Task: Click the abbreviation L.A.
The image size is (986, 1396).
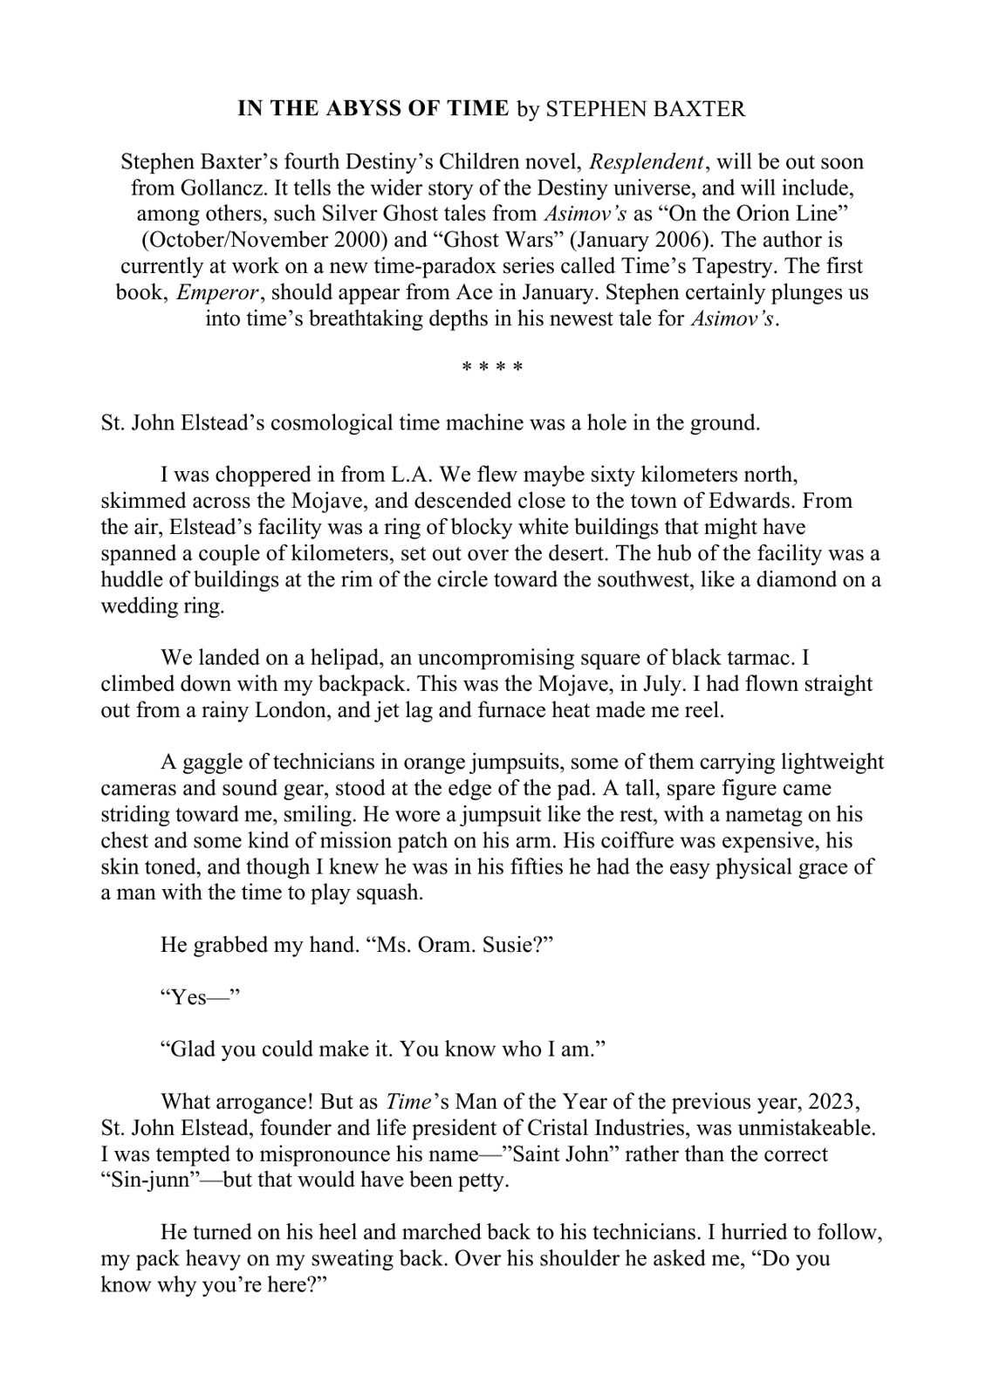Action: tap(408, 476)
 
